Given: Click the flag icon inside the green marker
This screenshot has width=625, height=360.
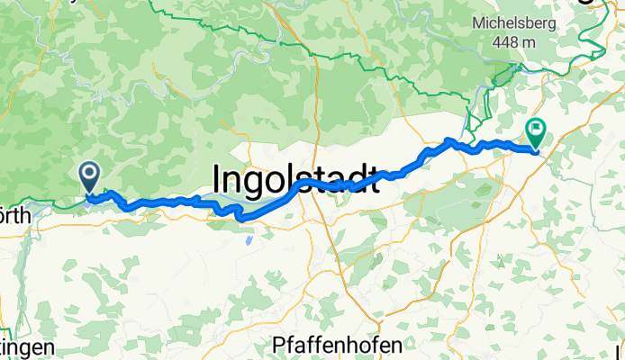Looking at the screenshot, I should [x=537, y=130].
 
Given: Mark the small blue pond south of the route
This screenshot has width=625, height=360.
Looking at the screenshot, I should [x=247, y=241].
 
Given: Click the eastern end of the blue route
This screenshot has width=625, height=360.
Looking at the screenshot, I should [x=537, y=150].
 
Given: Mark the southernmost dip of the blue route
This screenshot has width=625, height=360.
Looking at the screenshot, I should [x=240, y=218].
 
